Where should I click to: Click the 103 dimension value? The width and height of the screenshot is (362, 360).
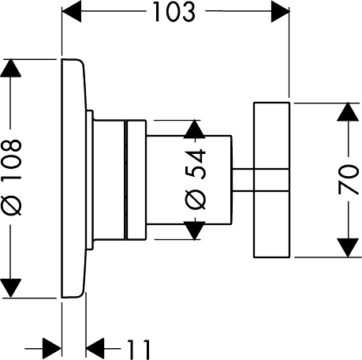point(174,12)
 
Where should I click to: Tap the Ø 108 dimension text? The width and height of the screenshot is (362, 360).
point(11,178)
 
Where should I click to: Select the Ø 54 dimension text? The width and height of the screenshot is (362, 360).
point(196,179)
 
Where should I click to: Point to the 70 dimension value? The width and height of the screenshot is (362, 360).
point(349,179)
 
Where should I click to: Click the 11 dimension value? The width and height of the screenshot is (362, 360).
point(139,349)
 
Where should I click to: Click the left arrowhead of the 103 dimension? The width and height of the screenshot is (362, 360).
point(71,12)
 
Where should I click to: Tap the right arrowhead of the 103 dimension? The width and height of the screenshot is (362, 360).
point(280,12)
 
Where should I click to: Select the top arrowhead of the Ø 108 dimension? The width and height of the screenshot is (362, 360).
point(10,68)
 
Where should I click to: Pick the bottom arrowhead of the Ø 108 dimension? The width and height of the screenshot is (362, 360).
point(10,289)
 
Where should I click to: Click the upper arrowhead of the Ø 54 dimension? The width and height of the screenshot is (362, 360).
point(194,129)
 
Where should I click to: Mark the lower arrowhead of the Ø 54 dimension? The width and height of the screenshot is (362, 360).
point(194,231)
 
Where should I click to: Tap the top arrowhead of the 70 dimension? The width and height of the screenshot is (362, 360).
point(349,112)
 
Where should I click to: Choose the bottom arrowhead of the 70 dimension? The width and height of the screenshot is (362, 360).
point(349,248)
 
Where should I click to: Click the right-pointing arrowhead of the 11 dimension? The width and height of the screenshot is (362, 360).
point(52,349)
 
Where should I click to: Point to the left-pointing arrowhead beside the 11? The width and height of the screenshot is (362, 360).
point(95,349)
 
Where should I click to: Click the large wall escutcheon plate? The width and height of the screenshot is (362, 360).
point(73,178)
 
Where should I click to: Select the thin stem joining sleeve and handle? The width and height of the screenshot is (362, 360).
point(243,180)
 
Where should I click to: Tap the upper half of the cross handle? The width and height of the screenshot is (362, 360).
point(271,136)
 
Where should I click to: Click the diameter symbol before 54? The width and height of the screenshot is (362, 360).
point(196,200)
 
